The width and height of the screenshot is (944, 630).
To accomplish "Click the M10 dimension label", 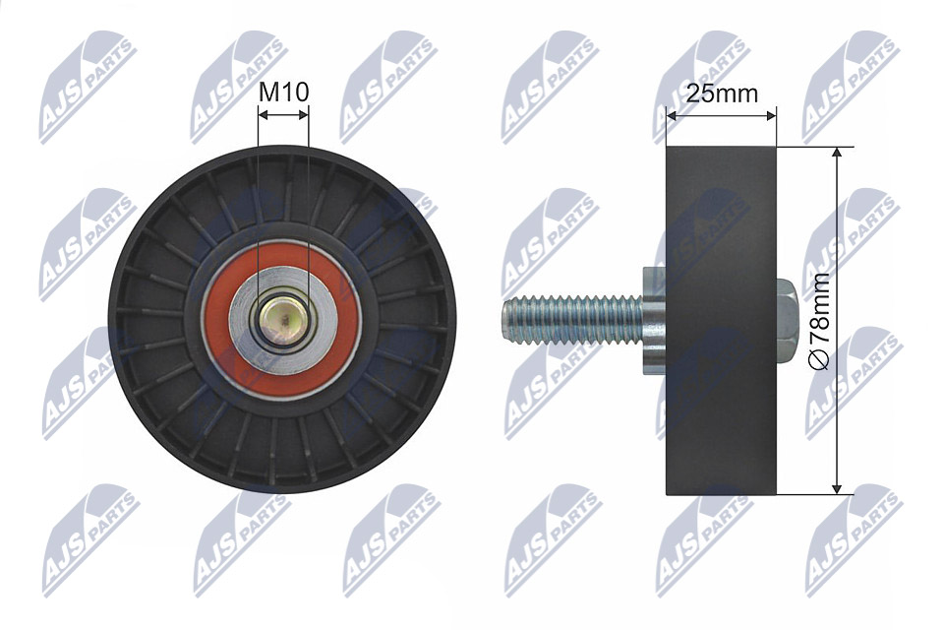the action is coord(283,93).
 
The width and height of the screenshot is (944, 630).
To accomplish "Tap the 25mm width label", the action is coord(722,94).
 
